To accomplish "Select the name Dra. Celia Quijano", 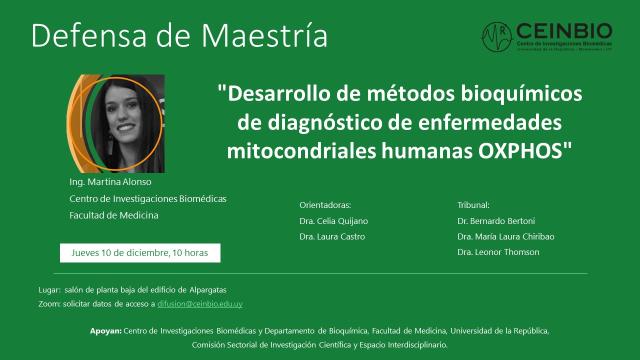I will (x=333, y=220).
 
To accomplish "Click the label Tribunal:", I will (x=475, y=203).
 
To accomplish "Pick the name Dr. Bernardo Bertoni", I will (x=495, y=220).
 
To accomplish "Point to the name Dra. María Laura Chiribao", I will (x=506, y=236).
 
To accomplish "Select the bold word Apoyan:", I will (x=102, y=329).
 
